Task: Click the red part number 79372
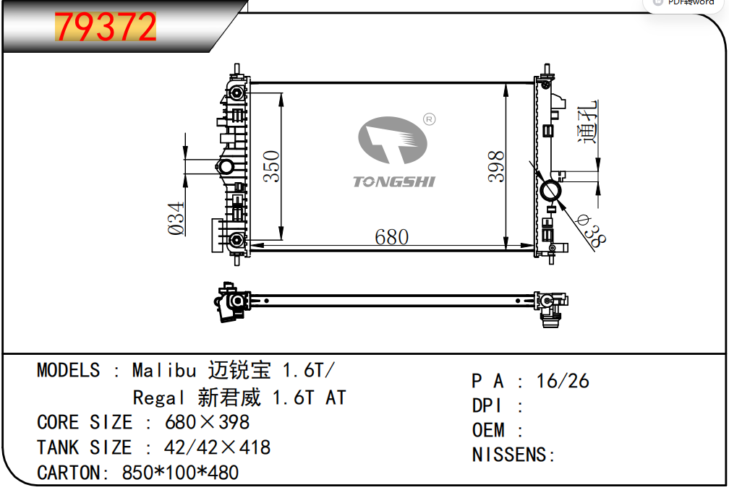106,27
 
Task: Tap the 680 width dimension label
391,236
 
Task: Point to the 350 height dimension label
271,166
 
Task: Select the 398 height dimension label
496,166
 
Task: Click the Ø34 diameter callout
177,218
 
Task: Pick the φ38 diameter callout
592,231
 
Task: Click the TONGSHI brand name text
393,181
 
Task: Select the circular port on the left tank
226,168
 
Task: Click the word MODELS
69,371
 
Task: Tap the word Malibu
164,371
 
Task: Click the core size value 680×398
208,422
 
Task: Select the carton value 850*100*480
180,473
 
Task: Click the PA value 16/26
563,380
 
